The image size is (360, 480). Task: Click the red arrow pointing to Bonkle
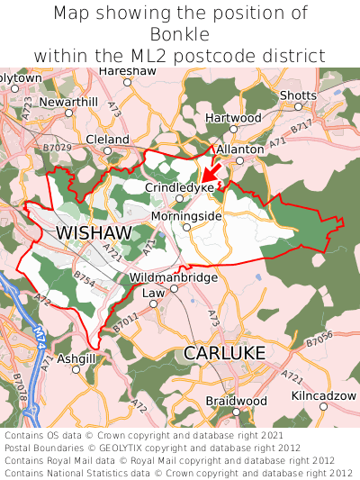(211, 171)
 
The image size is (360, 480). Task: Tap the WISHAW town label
(94, 233)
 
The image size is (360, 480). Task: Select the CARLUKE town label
(224, 353)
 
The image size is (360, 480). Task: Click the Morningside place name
(186, 216)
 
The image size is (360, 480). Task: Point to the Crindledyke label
(180, 186)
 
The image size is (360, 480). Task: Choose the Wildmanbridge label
(174, 277)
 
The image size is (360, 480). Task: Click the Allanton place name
(240, 149)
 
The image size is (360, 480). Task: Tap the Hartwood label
(233, 118)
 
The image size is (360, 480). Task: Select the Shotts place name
(298, 95)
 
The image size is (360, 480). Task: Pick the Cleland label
(108, 139)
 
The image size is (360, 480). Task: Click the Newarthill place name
(68, 102)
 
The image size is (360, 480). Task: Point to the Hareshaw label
(127, 70)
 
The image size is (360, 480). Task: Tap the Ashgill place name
(76, 358)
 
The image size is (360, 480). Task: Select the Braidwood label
(236, 400)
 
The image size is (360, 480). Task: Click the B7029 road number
(57, 147)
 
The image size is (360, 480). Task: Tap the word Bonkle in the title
(180, 34)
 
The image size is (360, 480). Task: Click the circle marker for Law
(152, 303)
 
